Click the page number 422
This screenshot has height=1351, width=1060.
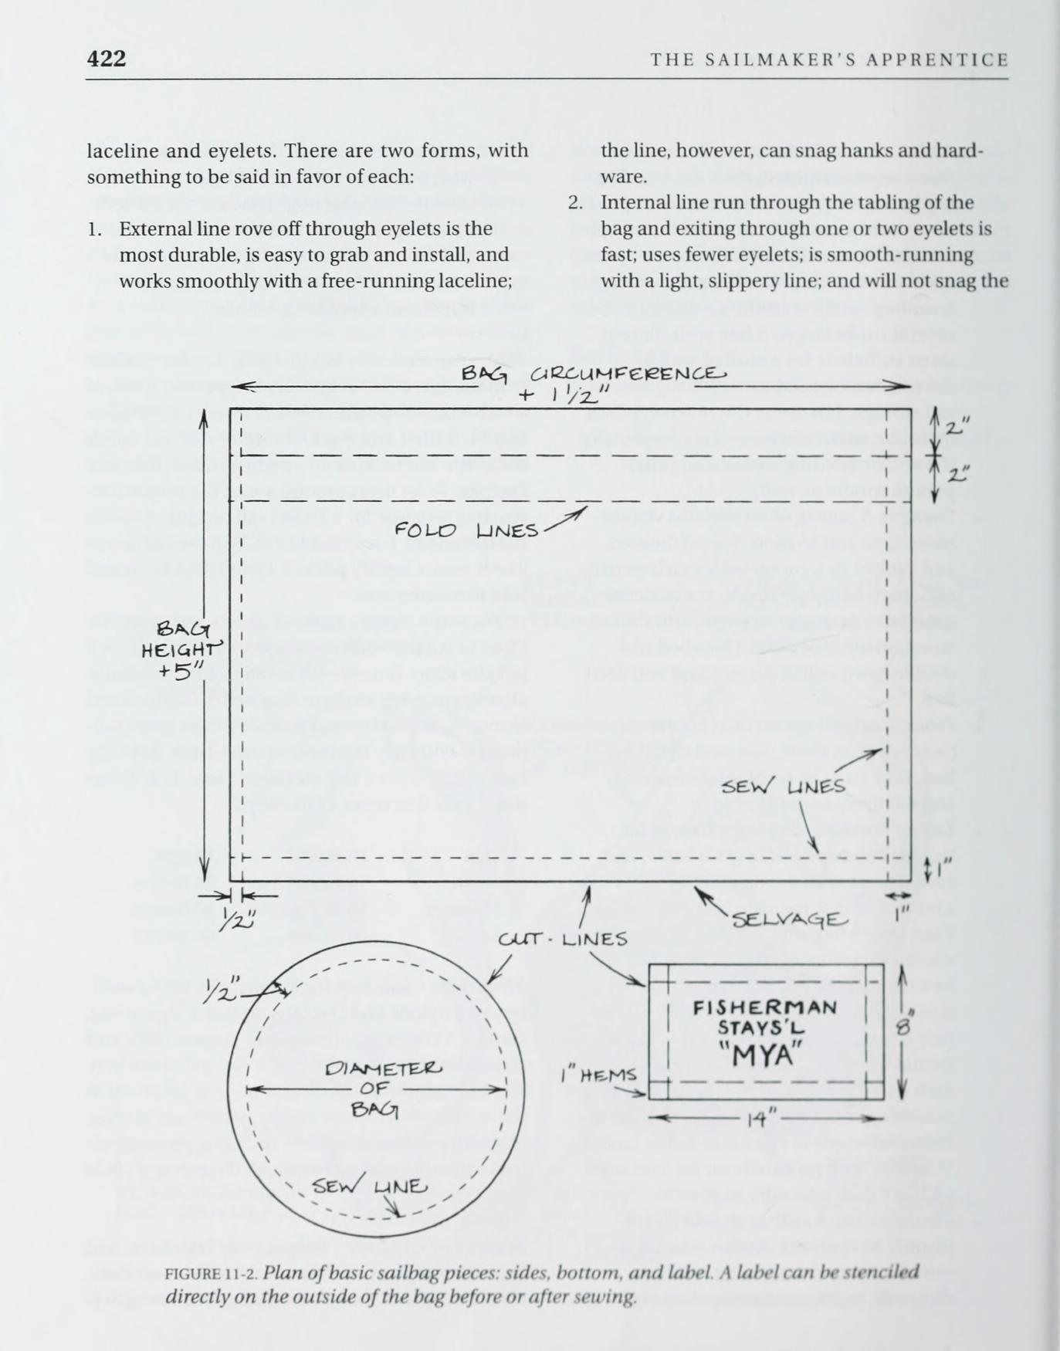click(x=106, y=59)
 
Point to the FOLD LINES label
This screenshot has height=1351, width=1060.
click(x=466, y=530)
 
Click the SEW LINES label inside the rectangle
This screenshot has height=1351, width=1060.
click(x=783, y=787)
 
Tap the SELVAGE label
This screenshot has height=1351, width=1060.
click(x=789, y=919)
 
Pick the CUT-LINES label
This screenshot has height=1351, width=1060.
click(x=563, y=939)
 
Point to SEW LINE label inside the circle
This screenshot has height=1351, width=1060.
click(x=368, y=1187)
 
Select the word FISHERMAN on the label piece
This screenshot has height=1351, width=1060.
click(x=764, y=1008)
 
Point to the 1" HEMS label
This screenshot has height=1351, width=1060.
click(x=598, y=1075)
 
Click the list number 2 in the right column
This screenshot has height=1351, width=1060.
click(x=574, y=203)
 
